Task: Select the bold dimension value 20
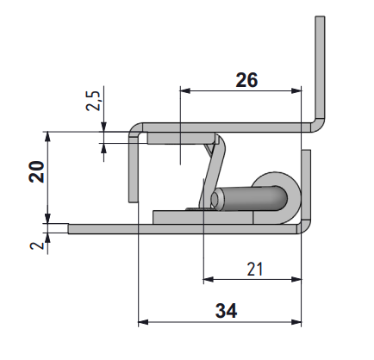pos(35,175)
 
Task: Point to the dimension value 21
pos(253,269)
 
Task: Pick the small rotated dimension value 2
pos(35,247)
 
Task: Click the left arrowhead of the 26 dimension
pos(184,89)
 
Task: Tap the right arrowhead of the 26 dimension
pos(298,89)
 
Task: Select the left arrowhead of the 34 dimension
pos(143,322)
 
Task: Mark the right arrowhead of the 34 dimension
pos(298,322)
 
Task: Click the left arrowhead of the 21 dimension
pos(208,279)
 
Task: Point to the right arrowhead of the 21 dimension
pos(298,279)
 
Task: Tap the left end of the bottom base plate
pos(72,229)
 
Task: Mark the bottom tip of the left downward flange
pos(134,199)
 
